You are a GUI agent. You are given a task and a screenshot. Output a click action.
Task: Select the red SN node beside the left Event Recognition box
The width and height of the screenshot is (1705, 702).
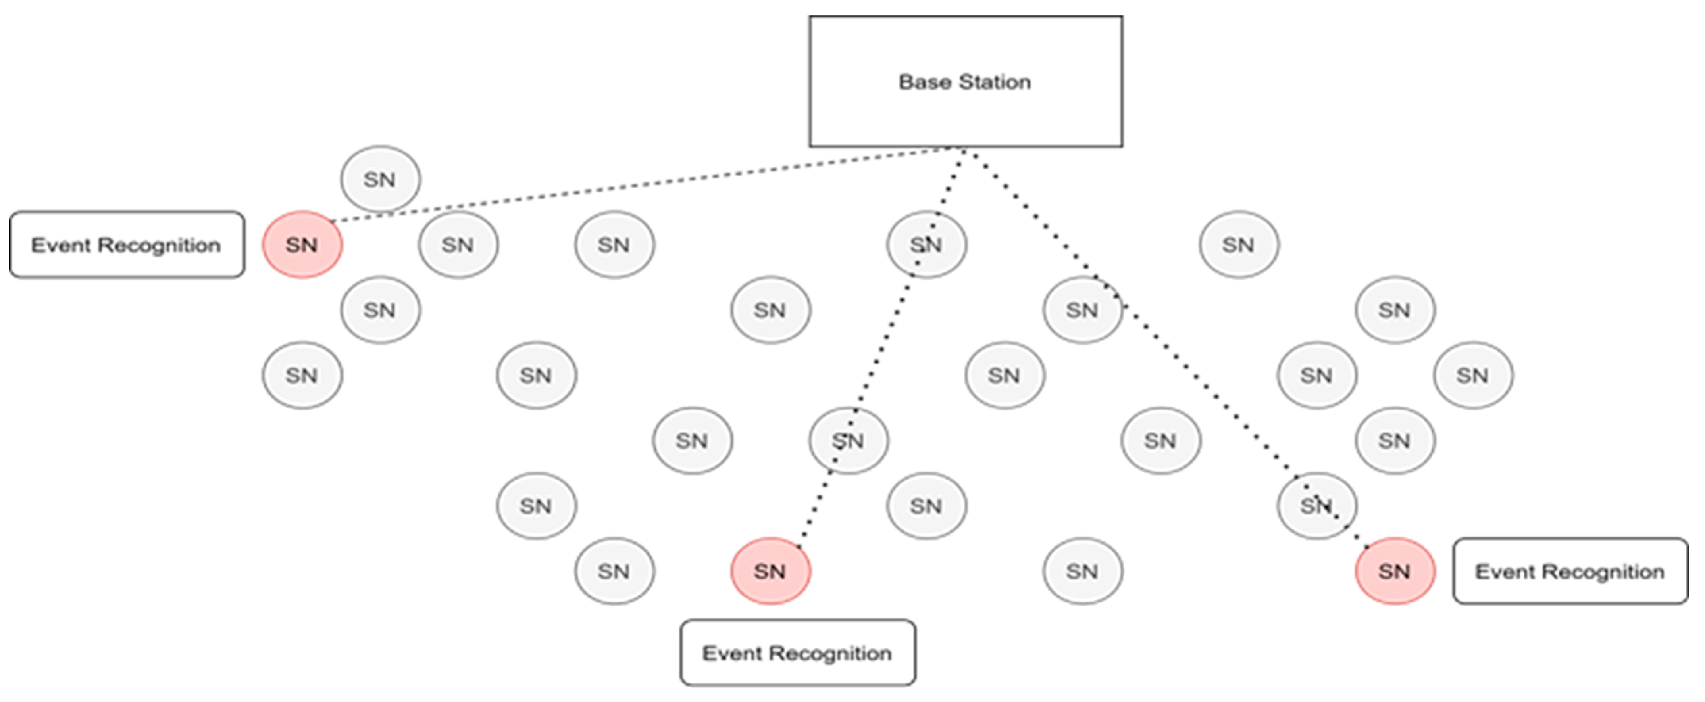click(302, 245)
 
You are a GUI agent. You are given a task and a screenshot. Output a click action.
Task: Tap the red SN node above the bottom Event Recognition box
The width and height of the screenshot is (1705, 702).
click(770, 571)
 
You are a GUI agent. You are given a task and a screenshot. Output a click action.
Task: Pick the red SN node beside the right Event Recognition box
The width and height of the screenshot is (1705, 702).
click(1395, 571)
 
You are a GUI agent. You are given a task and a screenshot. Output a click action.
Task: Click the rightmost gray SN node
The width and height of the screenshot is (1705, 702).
click(1473, 375)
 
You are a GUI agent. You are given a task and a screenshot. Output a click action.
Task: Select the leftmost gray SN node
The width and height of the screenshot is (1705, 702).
click(302, 375)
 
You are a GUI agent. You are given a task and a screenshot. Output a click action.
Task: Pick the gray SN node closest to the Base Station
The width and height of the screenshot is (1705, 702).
click(926, 245)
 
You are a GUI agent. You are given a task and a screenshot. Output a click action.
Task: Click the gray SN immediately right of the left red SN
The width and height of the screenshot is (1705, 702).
click(458, 245)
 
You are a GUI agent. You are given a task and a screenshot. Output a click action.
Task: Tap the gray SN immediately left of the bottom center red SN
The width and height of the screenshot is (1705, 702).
click(614, 571)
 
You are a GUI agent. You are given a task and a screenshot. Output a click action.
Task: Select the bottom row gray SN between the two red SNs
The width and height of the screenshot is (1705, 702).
click(1082, 571)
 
